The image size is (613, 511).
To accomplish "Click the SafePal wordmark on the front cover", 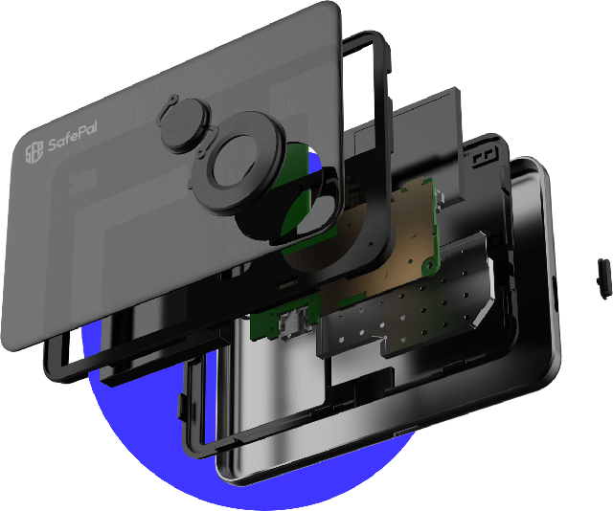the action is click(73, 136).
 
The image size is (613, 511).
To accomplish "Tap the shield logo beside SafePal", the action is click(34, 151).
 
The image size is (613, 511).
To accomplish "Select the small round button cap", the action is click(184, 122).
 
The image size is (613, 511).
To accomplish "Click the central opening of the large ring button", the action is click(234, 160).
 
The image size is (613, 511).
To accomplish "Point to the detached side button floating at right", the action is click(604, 278).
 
